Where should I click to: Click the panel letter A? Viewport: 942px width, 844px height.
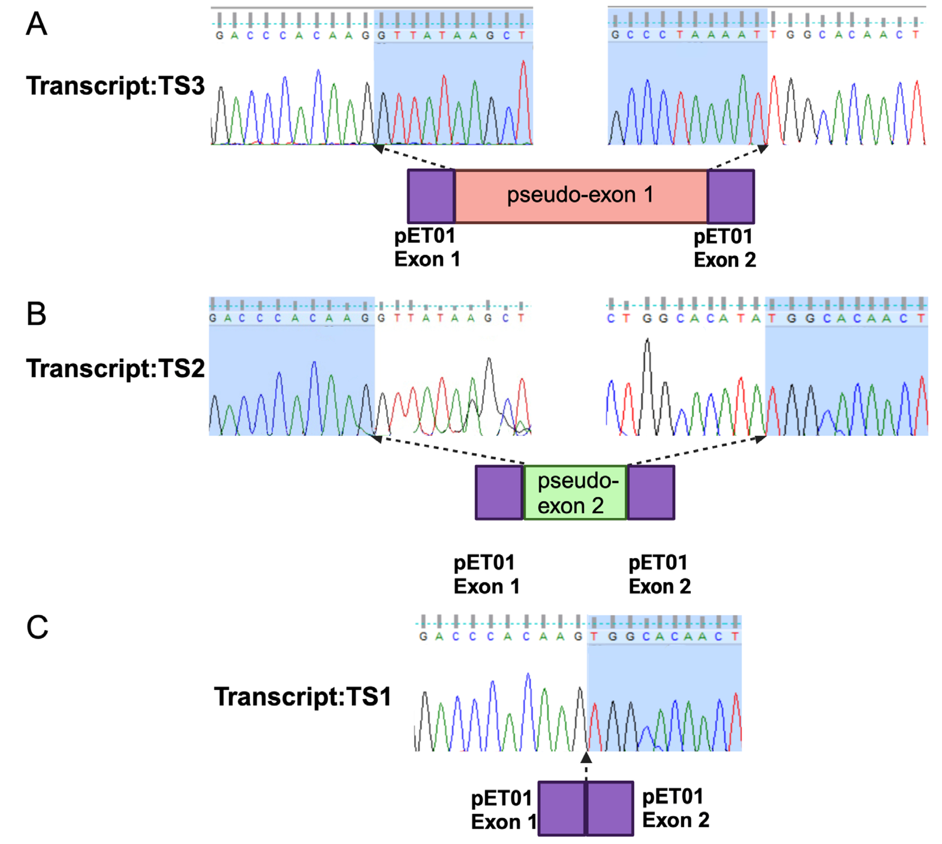36,24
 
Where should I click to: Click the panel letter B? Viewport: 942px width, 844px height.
36,314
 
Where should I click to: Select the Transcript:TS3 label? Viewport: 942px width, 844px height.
115,86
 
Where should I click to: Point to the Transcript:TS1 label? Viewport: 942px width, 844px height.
303,696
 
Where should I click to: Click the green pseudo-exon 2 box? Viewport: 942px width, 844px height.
575,493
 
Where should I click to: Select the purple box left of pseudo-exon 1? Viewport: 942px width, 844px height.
431,196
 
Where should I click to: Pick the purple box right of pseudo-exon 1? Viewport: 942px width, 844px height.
731,196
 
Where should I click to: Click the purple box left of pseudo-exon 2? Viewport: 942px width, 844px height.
499,493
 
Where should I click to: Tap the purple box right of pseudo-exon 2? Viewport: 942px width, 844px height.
651,493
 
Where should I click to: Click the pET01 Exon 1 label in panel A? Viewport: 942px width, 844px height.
426,248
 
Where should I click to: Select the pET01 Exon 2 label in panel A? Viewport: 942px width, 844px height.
724,248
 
